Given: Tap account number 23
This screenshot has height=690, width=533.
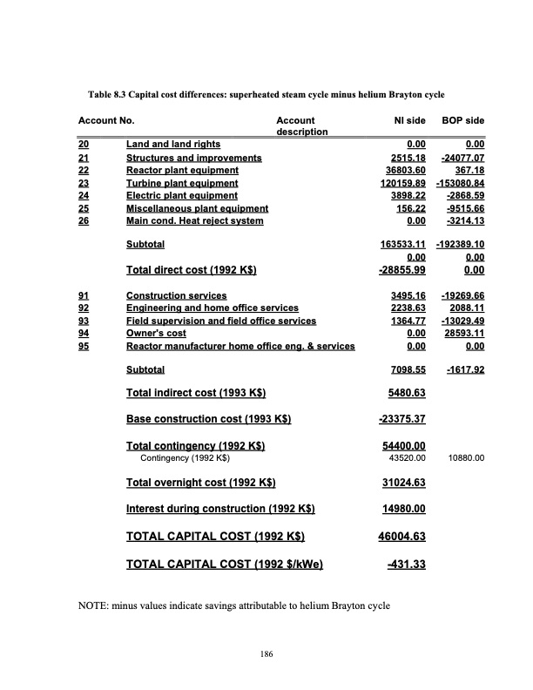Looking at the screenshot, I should pyautogui.click(x=83, y=184).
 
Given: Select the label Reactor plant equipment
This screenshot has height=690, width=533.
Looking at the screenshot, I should pyautogui.click(x=182, y=171).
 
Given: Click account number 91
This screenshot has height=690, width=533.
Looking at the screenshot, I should pyautogui.click(x=83, y=296).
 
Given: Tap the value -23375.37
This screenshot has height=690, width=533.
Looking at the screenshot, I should pyautogui.click(x=401, y=420).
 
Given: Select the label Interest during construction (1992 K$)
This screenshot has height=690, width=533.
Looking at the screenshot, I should pyautogui.click(x=220, y=509).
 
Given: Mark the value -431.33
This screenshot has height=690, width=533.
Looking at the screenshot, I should pyautogui.click(x=406, y=565).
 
